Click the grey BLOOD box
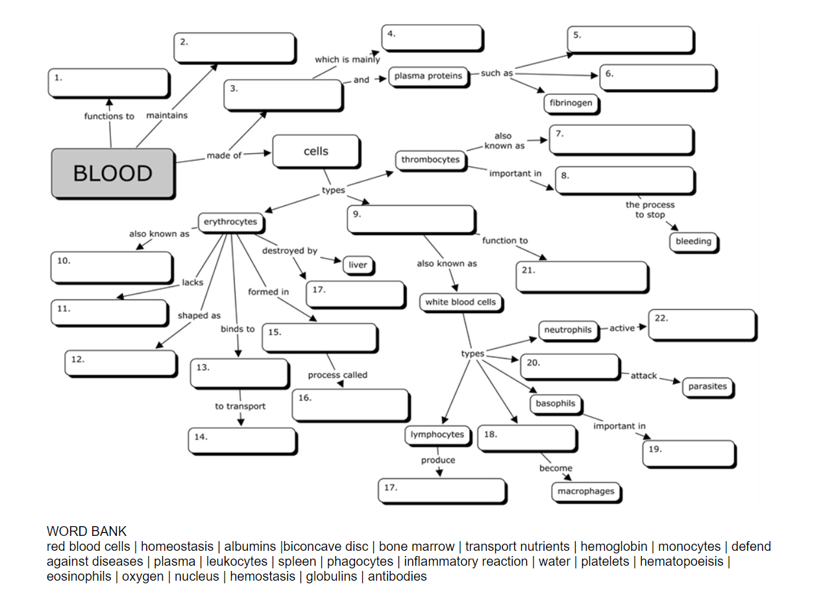112,173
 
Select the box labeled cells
316,151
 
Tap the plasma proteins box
428,76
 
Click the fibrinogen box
570,103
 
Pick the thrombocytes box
430,160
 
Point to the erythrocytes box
230,222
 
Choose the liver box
358,265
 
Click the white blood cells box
460,302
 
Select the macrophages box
585,492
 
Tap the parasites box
707,386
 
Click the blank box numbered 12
121,362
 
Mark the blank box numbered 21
582,277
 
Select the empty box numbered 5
630,40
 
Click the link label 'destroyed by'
289,251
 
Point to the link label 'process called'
337,375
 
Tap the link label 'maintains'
167,116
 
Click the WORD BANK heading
86,532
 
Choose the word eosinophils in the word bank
79,576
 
